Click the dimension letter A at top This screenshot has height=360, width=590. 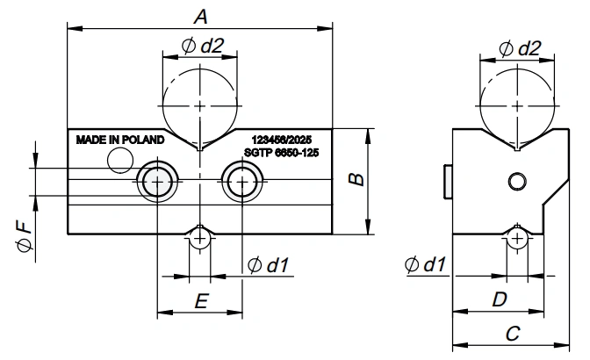200,17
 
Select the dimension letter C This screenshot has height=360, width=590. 513,334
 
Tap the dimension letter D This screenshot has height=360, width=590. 500,299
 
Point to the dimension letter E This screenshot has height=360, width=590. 201,301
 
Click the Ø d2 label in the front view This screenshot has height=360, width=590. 203,46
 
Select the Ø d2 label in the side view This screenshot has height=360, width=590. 520,48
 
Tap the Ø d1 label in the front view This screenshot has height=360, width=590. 269,265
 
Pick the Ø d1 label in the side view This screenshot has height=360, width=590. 425,264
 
